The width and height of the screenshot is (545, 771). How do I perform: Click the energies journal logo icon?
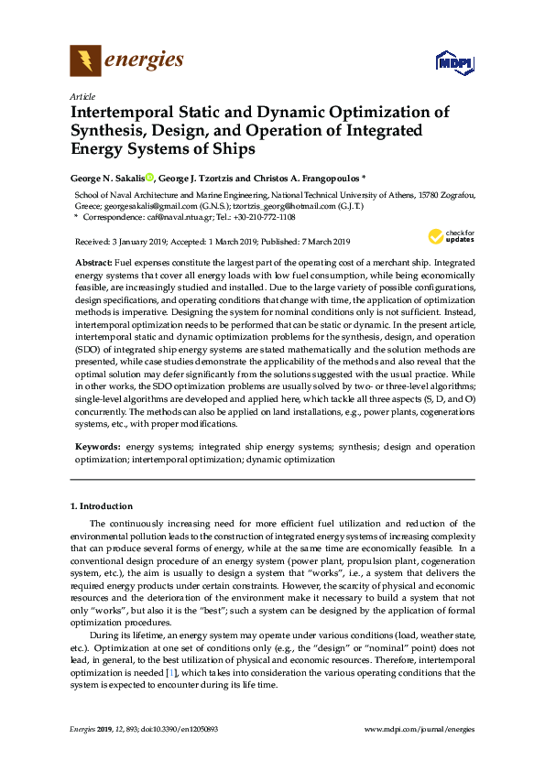[85, 61]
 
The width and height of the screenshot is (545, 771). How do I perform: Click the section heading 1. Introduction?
[102, 506]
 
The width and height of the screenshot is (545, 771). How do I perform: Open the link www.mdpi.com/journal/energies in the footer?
[420, 729]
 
